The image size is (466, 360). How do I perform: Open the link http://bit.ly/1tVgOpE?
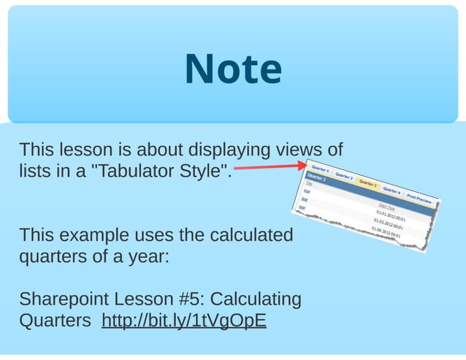click(184, 321)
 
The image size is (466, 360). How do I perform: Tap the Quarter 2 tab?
click(345, 177)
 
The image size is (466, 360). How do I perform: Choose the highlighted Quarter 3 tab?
click(367, 183)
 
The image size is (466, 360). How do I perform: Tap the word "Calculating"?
click(256, 299)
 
